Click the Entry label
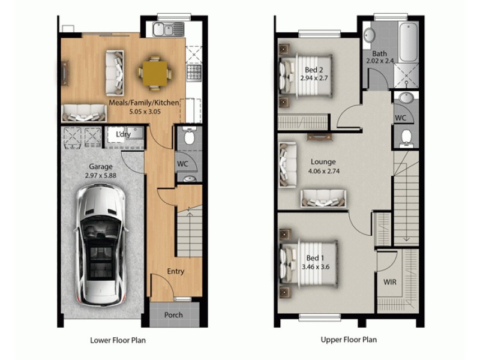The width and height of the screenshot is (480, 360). click(x=175, y=272)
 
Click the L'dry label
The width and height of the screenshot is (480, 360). click(x=124, y=135)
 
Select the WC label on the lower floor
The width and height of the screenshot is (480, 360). click(x=183, y=163)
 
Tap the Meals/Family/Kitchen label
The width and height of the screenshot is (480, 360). click(x=143, y=103)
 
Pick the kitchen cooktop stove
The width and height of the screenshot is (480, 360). click(x=193, y=73)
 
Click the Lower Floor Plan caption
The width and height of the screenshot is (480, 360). click(x=118, y=340)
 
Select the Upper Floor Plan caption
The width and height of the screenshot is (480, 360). click(x=349, y=340)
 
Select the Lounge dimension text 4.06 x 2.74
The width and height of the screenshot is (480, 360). click(x=323, y=171)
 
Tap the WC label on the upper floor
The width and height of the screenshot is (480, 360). click(x=400, y=118)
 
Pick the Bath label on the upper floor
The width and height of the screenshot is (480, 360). click(x=379, y=53)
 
